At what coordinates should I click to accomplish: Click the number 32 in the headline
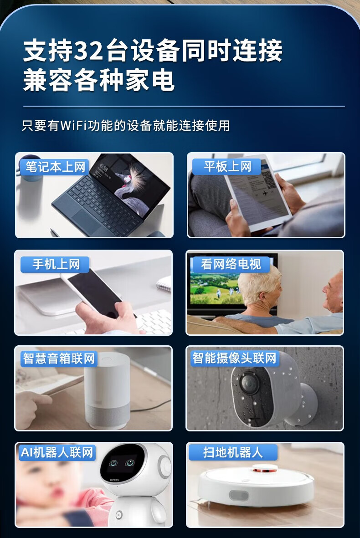point(88,51)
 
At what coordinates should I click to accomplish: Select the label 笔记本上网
point(55,167)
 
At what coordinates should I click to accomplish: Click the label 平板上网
point(227,167)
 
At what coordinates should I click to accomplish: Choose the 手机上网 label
point(56,265)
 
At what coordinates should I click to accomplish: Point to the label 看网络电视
point(231,264)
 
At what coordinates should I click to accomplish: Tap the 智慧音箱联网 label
point(59,359)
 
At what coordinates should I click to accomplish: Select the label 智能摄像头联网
point(234,358)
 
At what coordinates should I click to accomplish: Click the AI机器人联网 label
point(57,452)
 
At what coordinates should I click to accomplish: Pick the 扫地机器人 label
point(233,452)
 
